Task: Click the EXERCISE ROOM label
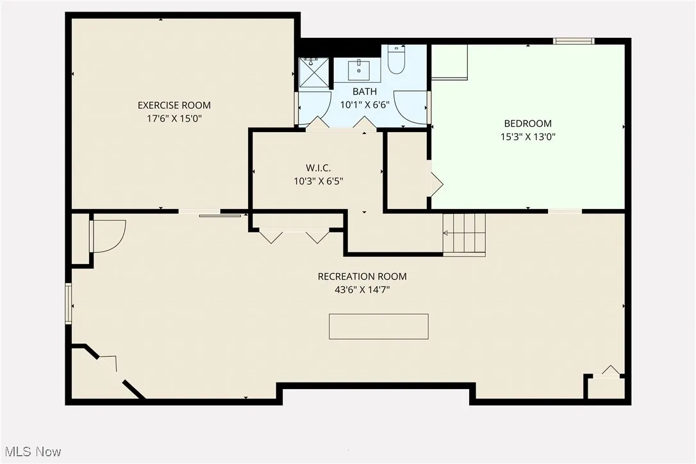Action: click(x=174, y=105)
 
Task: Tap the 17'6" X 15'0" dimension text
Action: click(x=174, y=119)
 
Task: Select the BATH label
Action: click(x=364, y=92)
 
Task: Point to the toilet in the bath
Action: click(x=395, y=60)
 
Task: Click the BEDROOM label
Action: click(x=527, y=123)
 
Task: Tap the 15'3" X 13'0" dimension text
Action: click(x=527, y=137)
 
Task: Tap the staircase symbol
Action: click(x=464, y=235)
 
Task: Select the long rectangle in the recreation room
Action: click(x=379, y=326)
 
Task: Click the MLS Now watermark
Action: click(x=31, y=452)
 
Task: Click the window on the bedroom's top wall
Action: click(x=574, y=42)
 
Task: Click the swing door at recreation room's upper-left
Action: click(x=108, y=235)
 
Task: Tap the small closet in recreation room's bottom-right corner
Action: click(x=605, y=388)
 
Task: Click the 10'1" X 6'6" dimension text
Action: click(x=364, y=105)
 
